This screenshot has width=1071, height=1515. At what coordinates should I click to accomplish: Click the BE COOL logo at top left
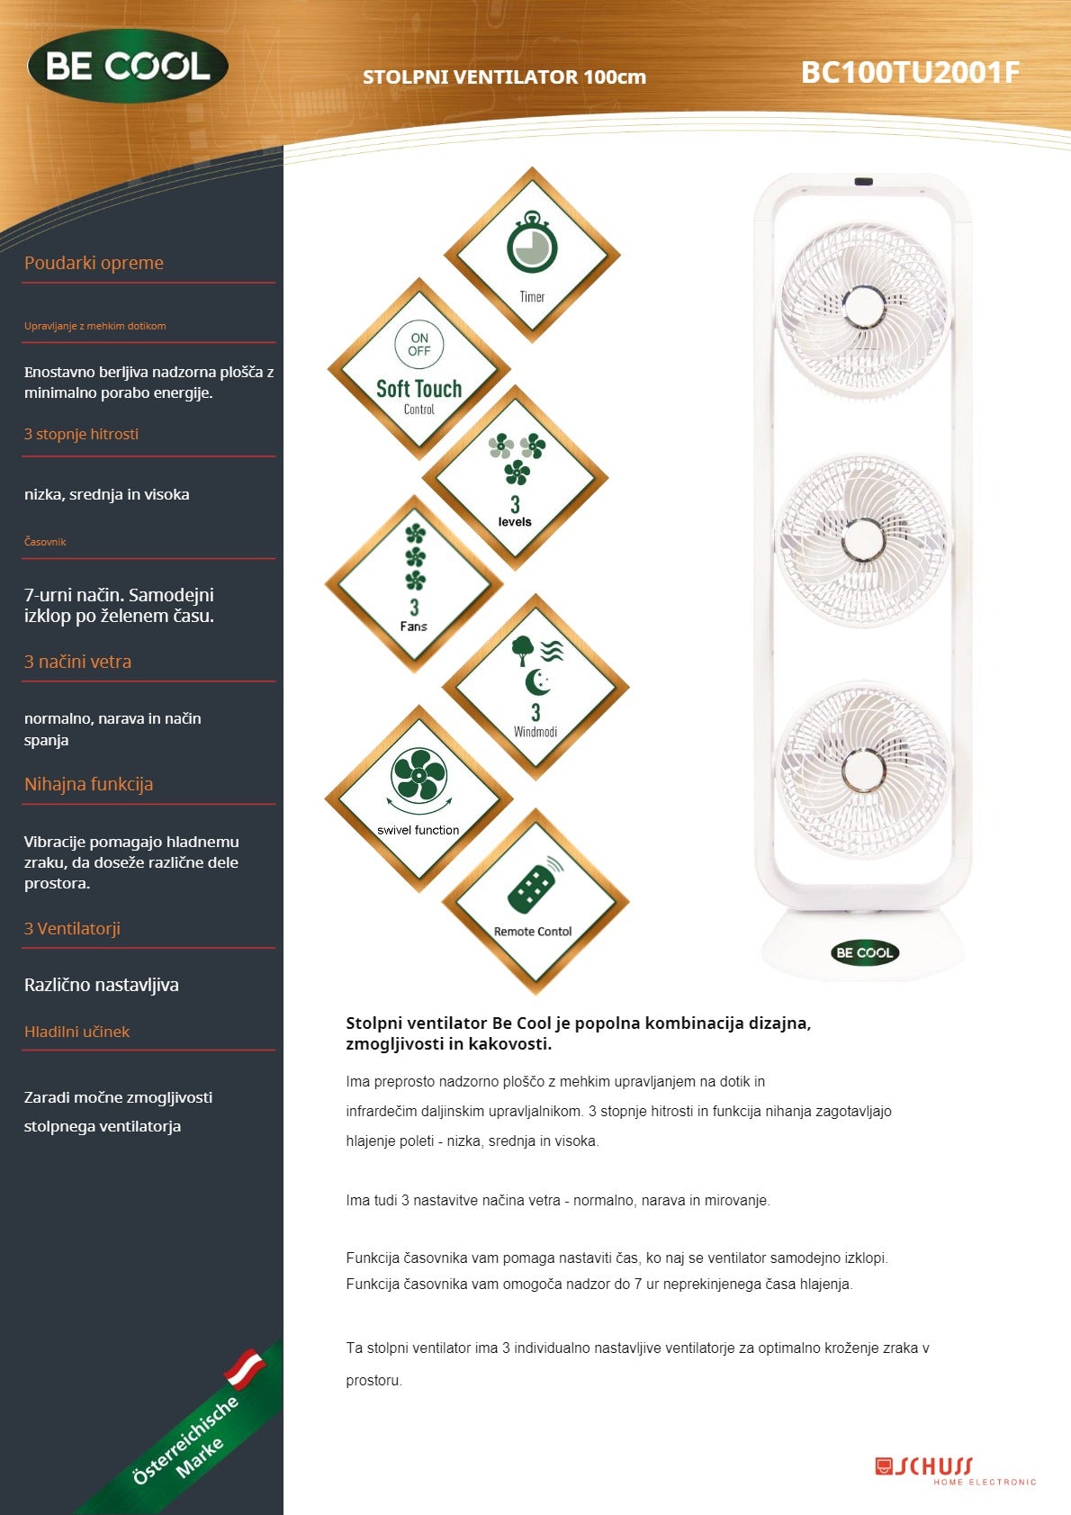[x=128, y=67]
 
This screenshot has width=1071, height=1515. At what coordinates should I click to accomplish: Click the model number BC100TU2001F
[x=910, y=72]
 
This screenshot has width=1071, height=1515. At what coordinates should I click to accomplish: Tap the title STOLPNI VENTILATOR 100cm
[x=504, y=77]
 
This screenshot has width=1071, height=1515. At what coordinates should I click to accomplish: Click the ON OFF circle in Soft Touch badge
[x=419, y=345]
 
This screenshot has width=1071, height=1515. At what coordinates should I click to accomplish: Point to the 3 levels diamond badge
[x=515, y=478]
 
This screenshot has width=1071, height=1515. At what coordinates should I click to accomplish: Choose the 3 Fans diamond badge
[x=414, y=583]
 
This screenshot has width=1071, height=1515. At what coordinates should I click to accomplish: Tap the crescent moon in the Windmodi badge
[x=537, y=682]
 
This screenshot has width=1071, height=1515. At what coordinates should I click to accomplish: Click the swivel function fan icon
[x=418, y=774]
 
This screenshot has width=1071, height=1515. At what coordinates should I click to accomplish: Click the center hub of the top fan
[x=864, y=307]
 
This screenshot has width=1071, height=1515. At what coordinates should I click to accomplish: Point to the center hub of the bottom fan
[x=863, y=771]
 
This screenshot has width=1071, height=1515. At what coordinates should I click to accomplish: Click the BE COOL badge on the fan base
[x=864, y=952]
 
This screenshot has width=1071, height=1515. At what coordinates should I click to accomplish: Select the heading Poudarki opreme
[x=94, y=263]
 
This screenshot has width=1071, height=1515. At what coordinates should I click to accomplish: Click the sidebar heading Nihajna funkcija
[x=88, y=784]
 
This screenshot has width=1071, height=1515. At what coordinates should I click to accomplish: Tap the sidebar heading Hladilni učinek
[x=76, y=1032]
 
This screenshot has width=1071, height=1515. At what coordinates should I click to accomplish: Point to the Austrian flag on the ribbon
[x=245, y=1367]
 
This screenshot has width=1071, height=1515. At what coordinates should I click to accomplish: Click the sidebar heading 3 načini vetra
[x=77, y=662]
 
